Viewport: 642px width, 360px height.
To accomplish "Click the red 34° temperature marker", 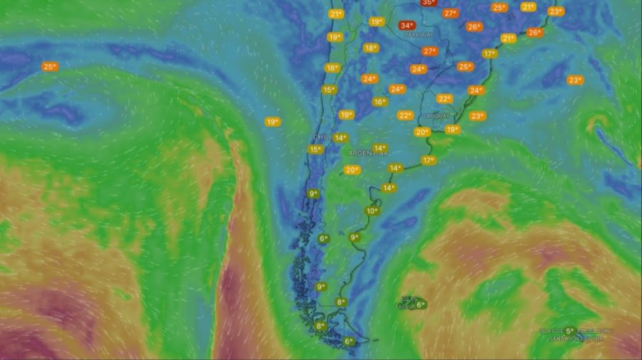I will pos(407,26).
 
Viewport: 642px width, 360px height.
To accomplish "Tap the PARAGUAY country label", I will pos(419,34).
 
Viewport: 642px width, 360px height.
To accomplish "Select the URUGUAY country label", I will pos(437,115).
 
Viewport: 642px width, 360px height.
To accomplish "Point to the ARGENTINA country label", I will pos(369,153).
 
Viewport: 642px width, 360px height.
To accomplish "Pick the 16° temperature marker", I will pos(379,102).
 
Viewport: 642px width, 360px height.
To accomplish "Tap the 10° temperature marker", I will pos(372,211).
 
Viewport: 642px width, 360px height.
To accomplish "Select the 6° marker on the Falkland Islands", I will pos(420,305).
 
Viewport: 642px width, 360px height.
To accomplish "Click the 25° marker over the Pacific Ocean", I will pos(49,67).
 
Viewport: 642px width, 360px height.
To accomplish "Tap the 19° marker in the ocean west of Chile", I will pos(272,122).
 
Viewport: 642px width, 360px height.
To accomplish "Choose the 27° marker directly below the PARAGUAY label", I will pos(429,51).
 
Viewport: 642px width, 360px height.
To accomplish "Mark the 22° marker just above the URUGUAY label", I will pos(444,99).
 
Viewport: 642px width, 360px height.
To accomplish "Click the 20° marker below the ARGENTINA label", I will pos(351,170).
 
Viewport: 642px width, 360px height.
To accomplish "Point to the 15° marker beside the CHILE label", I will pos(315,150).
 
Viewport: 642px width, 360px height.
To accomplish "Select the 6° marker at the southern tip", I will pos(349,342).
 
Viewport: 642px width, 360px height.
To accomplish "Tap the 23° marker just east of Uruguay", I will pos(477,116).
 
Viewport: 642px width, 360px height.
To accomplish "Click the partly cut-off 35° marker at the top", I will pos(428,3).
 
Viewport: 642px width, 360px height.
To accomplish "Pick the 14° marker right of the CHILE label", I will pos(340,138).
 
